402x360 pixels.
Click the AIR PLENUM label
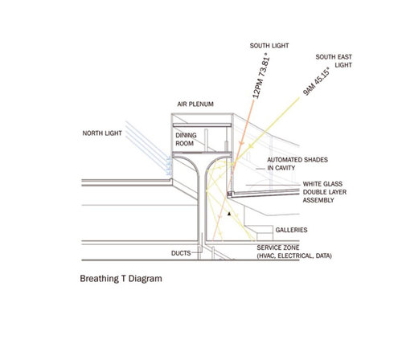[195, 104]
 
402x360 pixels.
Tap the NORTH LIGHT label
[102, 133]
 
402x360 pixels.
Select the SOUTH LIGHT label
[269, 46]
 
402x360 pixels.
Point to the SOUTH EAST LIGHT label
[334, 61]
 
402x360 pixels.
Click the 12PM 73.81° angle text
[261, 76]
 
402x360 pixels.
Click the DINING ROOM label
[186, 139]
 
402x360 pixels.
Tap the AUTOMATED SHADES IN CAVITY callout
[297, 164]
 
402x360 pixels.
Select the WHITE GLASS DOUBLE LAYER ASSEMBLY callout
[325, 192]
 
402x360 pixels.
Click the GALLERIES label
[291, 230]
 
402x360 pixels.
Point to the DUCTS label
[181, 253]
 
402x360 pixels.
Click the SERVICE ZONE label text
[278, 247]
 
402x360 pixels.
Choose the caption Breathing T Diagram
[121, 279]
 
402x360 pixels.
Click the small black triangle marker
[229, 214]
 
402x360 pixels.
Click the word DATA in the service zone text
[323, 256]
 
